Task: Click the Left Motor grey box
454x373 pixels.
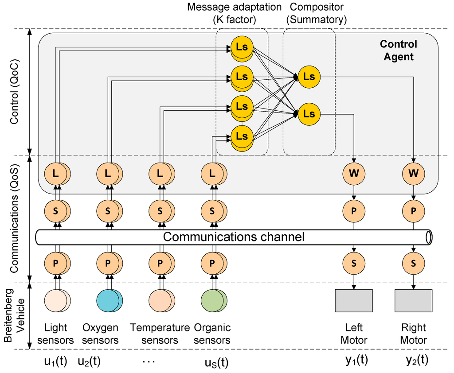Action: pyautogui.click(x=354, y=301)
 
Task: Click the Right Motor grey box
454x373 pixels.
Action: pyautogui.click(x=414, y=301)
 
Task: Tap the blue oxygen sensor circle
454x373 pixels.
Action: pyautogui.click(x=110, y=301)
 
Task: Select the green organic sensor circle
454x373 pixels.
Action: pyautogui.click(x=214, y=301)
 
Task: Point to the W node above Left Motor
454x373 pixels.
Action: pyautogui.click(x=354, y=173)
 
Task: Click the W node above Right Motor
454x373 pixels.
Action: pyautogui.click(x=414, y=173)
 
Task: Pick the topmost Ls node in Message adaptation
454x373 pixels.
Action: pyautogui.click(x=242, y=48)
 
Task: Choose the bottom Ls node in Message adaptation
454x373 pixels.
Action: pyautogui.click(x=242, y=138)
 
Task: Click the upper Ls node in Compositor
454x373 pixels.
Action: pyautogui.click(x=309, y=77)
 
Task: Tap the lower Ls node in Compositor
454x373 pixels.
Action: pyautogui.click(x=309, y=114)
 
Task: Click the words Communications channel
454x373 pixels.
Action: pyautogui.click(x=234, y=237)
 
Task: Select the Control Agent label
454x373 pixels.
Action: pyautogui.click(x=399, y=51)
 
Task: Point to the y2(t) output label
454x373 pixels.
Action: pyautogui.click(x=417, y=360)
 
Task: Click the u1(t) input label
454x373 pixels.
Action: pyautogui.click(x=55, y=361)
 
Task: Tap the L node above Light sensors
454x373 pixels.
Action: pyautogui.click(x=57, y=173)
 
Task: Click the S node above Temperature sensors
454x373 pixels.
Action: pyautogui.click(x=161, y=211)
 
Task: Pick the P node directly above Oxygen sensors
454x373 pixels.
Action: pyautogui.click(x=110, y=263)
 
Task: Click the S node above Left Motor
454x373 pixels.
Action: pyautogui.click(x=354, y=263)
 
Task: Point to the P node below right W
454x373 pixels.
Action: pyautogui.click(x=414, y=211)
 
